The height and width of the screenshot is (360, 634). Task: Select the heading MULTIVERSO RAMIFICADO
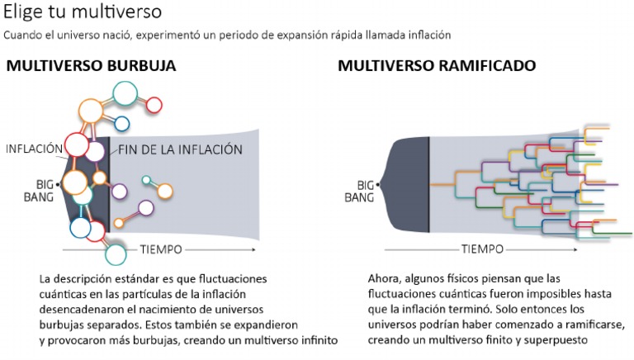(437, 65)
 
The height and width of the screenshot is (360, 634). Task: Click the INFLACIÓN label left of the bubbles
(34, 149)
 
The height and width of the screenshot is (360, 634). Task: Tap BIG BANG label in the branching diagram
(359, 191)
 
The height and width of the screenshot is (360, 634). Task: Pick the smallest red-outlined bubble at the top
(153, 104)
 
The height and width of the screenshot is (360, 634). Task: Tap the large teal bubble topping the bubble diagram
(125, 93)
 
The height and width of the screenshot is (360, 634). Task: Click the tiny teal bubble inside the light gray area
(146, 180)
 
